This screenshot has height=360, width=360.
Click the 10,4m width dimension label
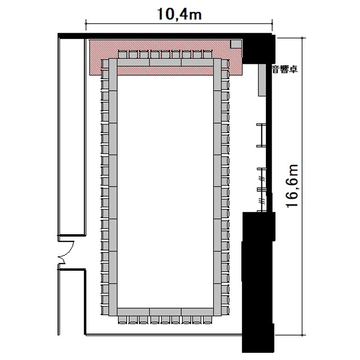[180, 14]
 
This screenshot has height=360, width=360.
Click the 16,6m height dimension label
[292, 186]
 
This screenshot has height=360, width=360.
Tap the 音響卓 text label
[285, 69]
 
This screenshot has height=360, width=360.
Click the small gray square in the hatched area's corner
[236, 44]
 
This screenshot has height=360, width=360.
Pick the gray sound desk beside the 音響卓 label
[262, 80]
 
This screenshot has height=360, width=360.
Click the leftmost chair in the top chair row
[122, 54]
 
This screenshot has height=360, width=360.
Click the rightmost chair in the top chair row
[207, 54]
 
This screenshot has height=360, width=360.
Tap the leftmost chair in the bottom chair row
[122, 320]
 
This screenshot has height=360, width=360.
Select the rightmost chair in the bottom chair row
[207, 320]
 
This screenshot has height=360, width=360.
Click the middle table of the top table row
[165, 62]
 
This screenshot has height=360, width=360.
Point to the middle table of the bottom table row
[165, 312]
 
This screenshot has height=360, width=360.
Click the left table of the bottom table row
[133, 312]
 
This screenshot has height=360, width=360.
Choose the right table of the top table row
[197, 62]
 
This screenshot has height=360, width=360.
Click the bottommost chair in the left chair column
[105, 311]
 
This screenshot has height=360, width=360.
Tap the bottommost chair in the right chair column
[225, 311]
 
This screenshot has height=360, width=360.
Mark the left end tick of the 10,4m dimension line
[86, 24]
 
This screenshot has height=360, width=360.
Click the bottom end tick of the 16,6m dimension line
[302, 335]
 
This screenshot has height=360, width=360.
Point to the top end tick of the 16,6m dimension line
[302, 38]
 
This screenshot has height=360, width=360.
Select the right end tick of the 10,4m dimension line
[272, 24]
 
